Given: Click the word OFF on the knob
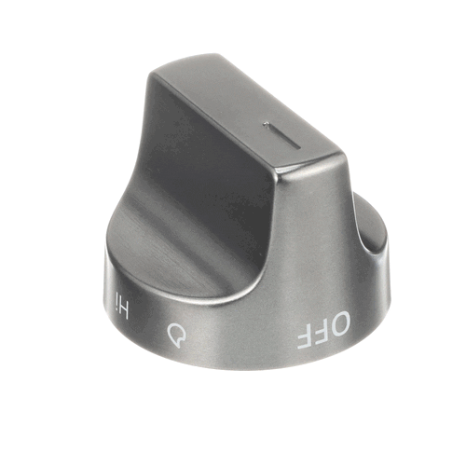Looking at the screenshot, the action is [x=324, y=331].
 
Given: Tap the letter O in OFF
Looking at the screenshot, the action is [x=339, y=323].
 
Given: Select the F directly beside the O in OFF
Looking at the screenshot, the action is [x=321, y=333].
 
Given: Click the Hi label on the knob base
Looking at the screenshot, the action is [x=121, y=305].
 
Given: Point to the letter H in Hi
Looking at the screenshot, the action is [x=123, y=309].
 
